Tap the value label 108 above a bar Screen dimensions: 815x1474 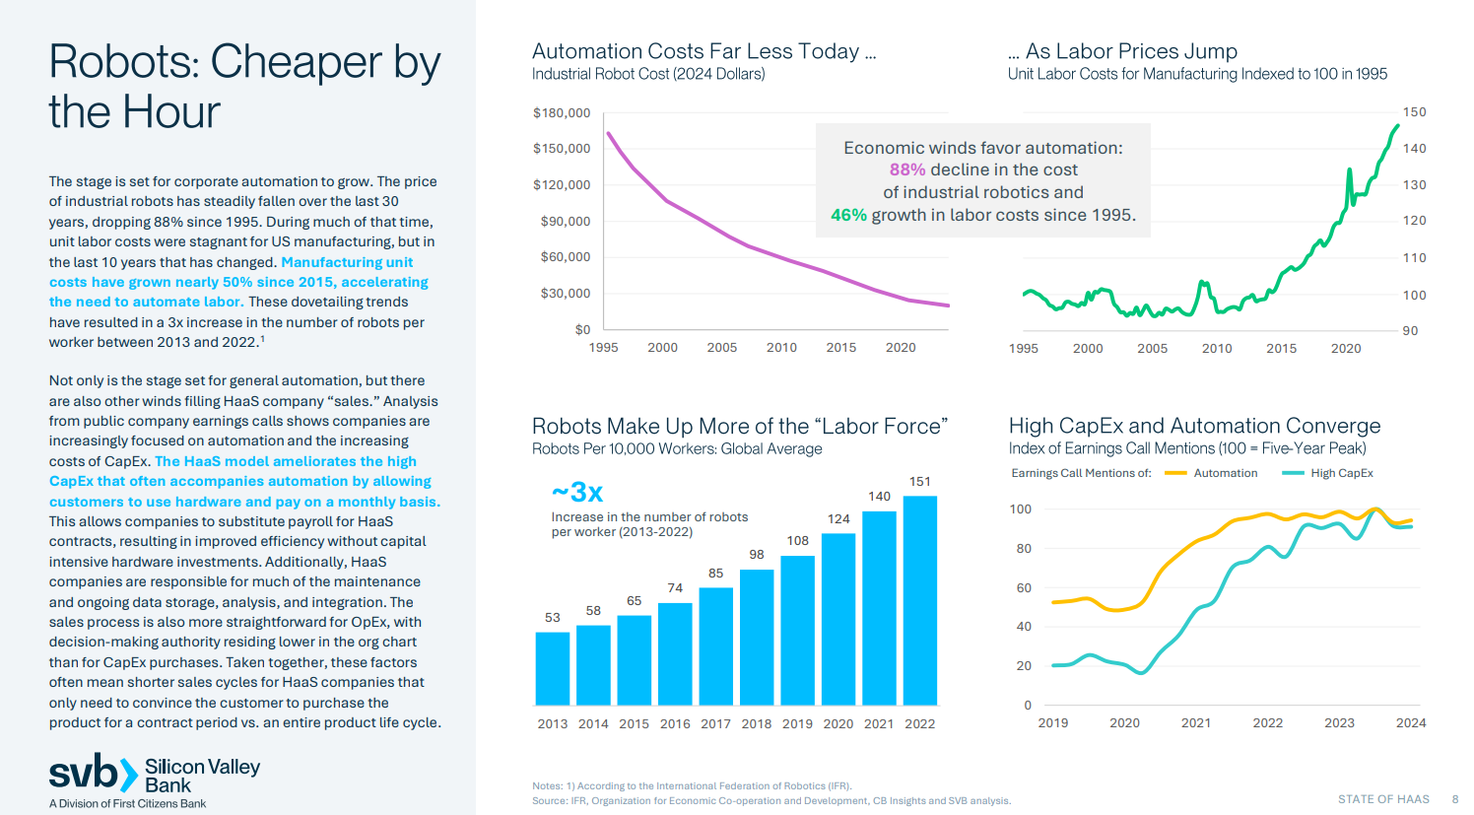coord(797,541)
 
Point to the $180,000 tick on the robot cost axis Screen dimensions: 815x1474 coord(562,113)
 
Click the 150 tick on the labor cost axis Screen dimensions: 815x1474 coord(1414,112)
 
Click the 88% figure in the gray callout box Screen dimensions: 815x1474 coord(906,170)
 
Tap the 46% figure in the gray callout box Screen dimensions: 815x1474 coord(848,215)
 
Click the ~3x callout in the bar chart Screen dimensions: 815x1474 coord(577,492)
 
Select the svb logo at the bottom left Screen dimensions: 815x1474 coord(93,774)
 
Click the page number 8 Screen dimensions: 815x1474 coord(1454,799)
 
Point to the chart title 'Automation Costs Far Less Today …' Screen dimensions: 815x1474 coord(703,51)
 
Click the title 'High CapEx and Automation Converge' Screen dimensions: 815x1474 coord(1194,426)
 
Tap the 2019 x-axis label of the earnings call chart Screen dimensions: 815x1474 coord(1052,723)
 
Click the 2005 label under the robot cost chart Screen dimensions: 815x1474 coord(721,348)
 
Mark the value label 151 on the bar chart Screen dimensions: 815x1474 coord(919,482)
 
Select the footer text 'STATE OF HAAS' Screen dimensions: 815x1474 coord(1383,799)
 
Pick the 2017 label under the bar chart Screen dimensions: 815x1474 coord(715,724)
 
